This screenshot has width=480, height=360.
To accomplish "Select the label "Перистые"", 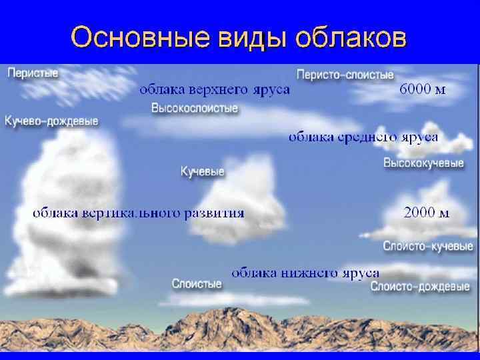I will pyautogui.click(x=32, y=73).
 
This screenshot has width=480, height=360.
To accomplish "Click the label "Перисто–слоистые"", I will pyautogui.click(x=345, y=75).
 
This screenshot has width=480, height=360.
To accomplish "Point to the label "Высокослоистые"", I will pyautogui.click(x=194, y=108).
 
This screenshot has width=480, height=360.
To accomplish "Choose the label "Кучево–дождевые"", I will pyautogui.click(x=51, y=121).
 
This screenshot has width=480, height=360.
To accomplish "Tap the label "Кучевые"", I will pyautogui.click(x=203, y=172).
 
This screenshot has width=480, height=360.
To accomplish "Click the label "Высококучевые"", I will pyautogui.click(x=423, y=163).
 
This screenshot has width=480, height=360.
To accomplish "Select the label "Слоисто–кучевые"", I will pyautogui.click(x=427, y=246).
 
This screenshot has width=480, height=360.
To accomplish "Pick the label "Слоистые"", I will pyautogui.click(x=197, y=284).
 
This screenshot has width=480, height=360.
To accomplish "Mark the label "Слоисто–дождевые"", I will pyautogui.click(x=420, y=287).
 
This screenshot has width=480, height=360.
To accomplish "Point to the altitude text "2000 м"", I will pyautogui.click(x=427, y=213).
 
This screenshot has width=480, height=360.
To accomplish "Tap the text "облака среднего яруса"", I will pyautogui.click(x=363, y=137).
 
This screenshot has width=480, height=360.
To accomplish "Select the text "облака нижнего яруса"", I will pyautogui.click(x=305, y=272).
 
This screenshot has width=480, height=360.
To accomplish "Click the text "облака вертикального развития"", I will pyautogui.click(x=139, y=213).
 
